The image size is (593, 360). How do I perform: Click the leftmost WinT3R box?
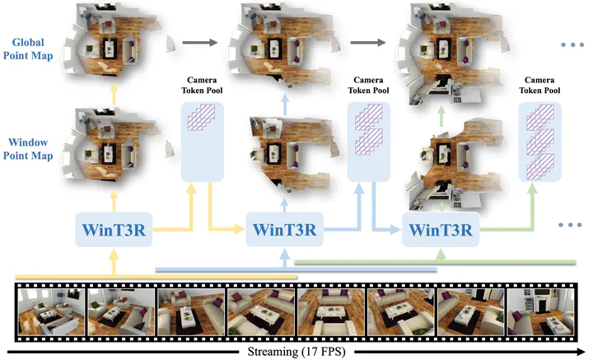click(x=112, y=227)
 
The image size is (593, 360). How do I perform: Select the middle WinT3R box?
click(x=283, y=227)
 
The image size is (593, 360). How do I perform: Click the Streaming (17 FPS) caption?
click(x=296, y=353)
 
